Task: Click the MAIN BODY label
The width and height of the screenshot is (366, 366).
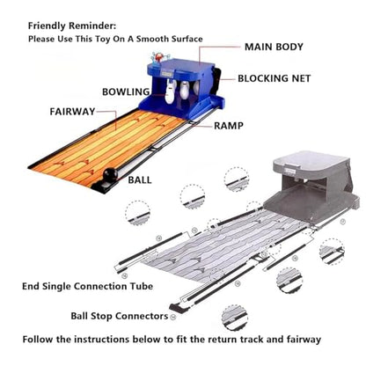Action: point(274,47)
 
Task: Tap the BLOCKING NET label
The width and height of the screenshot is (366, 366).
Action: point(274,78)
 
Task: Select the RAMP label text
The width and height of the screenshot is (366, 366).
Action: point(229,126)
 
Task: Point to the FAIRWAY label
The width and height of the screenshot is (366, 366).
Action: point(72,112)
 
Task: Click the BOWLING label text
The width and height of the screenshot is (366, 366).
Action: point(126,91)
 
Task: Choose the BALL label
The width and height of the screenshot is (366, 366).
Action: point(140,179)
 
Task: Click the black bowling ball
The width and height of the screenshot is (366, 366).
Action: point(110,175)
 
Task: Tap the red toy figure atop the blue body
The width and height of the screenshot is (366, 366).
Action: point(158,57)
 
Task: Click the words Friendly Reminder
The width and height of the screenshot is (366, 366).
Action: point(72,26)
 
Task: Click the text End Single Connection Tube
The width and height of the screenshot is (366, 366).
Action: point(87,286)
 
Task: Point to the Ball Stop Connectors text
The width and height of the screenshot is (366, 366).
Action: point(120,316)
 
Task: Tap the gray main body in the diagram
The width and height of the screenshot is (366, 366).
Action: point(311,185)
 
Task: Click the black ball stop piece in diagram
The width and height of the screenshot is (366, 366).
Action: point(177,308)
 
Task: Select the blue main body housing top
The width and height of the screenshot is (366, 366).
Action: point(182,66)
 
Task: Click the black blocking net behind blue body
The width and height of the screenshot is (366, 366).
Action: point(217,82)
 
